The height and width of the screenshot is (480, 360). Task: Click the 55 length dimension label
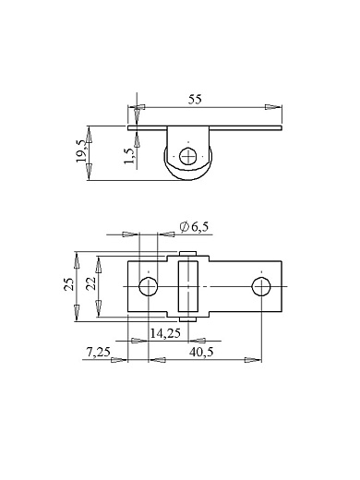[x=195, y=100]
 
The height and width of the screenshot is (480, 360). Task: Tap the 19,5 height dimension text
[x=82, y=151]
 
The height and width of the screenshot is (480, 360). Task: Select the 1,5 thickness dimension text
[x=130, y=156]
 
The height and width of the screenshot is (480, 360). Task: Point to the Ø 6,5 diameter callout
[x=194, y=227]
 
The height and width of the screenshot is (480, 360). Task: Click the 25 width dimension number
[x=69, y=284]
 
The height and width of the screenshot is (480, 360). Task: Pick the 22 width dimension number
[x=91, y=284]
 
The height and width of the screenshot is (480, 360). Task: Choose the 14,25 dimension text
[x=165, y=333]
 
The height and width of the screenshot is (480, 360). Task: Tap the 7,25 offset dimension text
[x=98, y=352]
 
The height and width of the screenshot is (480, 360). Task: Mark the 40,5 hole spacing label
[x=201, y=352]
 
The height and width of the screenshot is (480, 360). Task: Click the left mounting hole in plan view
[x=149, y=286]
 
